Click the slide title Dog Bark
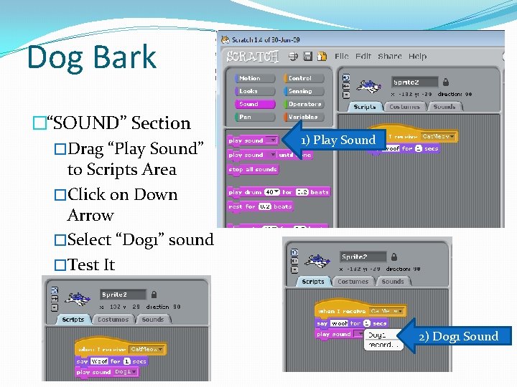pos(91,57)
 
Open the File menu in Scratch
pos(342,56)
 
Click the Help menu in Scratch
pos(417,56)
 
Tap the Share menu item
pos(390,56)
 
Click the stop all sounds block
pos(253,169)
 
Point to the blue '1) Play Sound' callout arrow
pos(333,140)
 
